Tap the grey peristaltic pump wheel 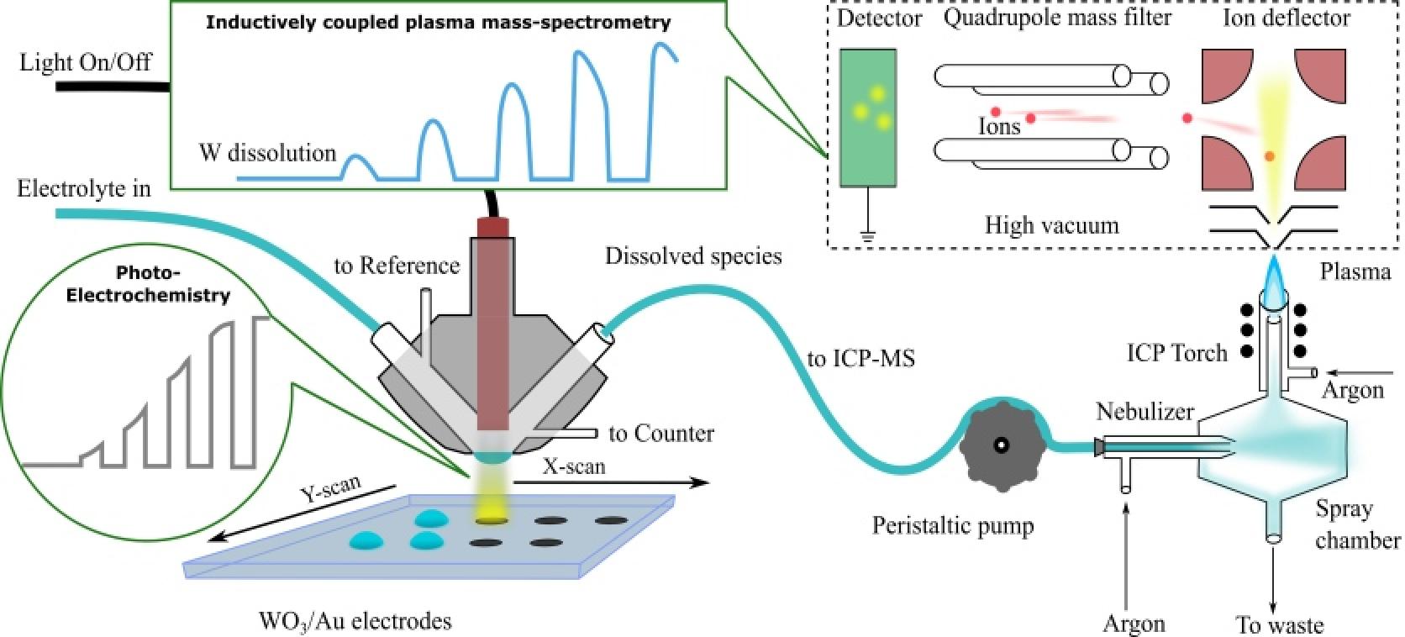pos(1002,445)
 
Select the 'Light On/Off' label pos(85,61)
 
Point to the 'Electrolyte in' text pos(84,188)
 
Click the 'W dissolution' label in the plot pos(267,153)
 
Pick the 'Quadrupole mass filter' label pos(1057,17)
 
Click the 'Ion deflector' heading pos(1287,17)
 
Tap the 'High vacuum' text pos(1052,225)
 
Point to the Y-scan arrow pos(303,513)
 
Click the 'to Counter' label pos(661,434)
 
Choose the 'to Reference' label pos(397,266)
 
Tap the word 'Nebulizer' pos(1145,412)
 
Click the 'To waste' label pos(1280,625)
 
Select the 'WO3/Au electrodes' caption pos(355,622)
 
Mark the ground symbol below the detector pos(867,236)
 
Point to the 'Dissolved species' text pos(693,255)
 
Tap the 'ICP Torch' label pos(1176,353)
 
